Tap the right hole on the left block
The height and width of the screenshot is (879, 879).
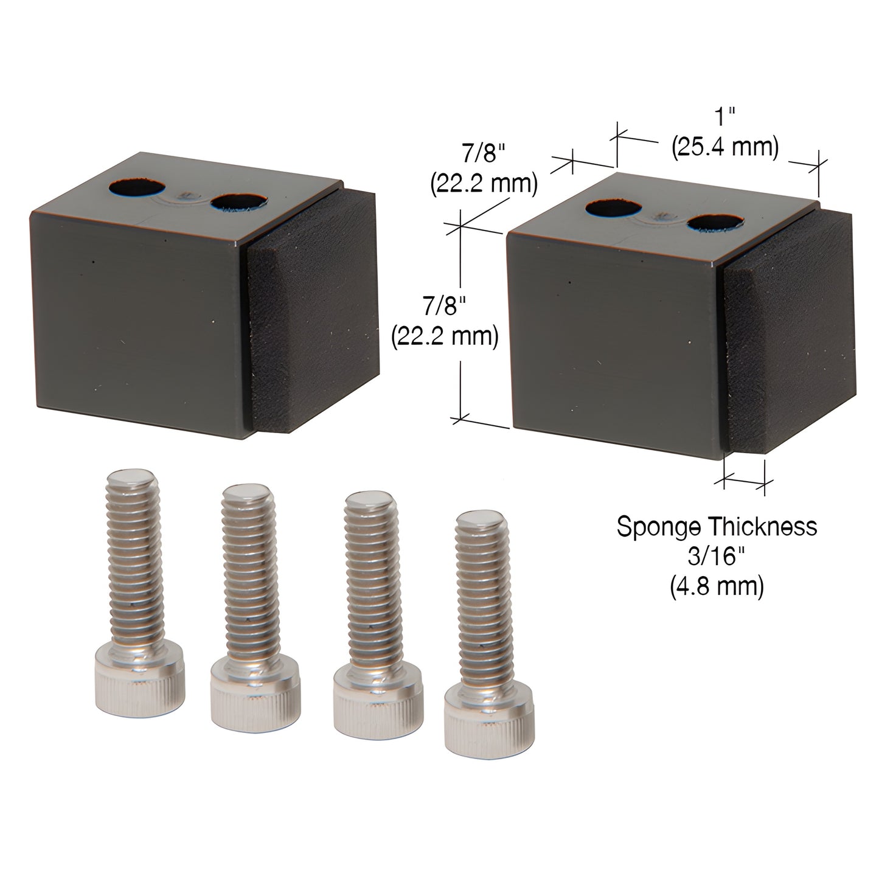238,201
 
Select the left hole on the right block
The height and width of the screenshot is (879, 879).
610,209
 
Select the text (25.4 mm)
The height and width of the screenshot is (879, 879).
725,148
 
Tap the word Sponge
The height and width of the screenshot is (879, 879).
656,526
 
